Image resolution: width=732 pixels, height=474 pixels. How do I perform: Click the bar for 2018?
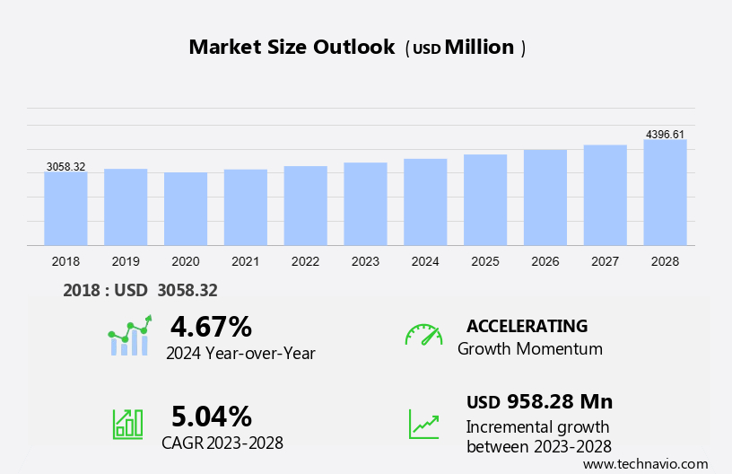point(65,208)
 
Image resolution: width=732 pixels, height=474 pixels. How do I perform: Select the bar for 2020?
point(186,208)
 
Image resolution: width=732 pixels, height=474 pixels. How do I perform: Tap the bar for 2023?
point(365,204)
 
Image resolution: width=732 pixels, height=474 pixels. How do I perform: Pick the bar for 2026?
point(545,197)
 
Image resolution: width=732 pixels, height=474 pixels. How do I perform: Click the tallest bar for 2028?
point(665,192)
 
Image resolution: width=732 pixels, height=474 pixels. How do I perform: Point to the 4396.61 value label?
point(665,135)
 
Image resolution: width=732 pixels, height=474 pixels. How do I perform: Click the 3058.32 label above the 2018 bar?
point(65,167)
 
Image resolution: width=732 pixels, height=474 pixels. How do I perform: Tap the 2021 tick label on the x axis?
point(245,261)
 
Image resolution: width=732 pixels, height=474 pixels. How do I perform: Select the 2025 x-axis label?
point(485,261)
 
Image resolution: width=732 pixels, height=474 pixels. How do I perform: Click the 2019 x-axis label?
point(126,261)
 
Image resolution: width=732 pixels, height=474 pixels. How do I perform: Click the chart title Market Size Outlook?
point(292,48)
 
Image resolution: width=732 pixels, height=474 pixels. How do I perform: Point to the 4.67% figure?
point(211,326)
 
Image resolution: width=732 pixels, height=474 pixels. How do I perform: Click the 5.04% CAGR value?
point(211,416)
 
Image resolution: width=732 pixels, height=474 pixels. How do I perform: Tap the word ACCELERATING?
point(527,326)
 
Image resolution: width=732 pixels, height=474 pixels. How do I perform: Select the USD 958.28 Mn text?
point(539,401)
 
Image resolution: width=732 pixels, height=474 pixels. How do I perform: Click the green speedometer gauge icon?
point(423,335)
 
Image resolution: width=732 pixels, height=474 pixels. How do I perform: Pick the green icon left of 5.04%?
point(127,423)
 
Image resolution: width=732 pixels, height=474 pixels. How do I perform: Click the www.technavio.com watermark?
point(645,463)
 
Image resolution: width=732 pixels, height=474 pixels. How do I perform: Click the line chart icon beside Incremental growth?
point(423,424)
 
